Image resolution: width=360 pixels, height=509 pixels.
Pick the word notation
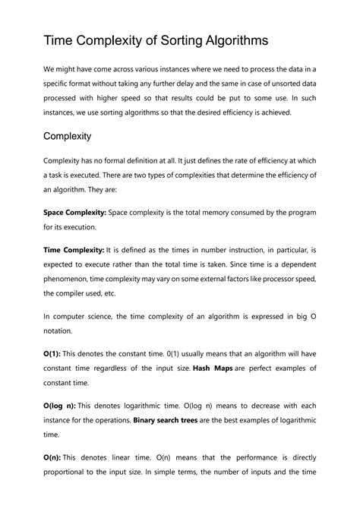point(62,331)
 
